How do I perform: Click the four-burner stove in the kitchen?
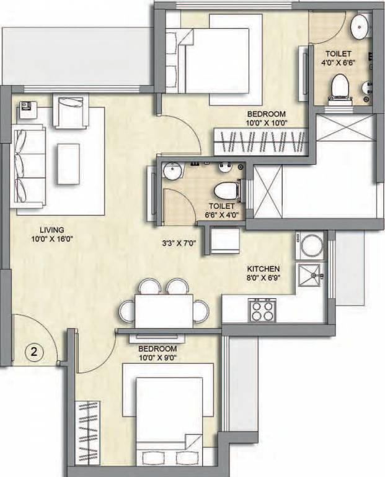point(261,309)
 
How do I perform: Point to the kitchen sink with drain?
point(311,275)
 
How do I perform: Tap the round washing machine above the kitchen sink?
point(311,245)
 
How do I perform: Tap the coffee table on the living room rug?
point(68,163)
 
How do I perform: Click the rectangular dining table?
point(164,311)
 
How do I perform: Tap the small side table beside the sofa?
point(28,110)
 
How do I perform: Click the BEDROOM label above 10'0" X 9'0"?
point(158,348)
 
